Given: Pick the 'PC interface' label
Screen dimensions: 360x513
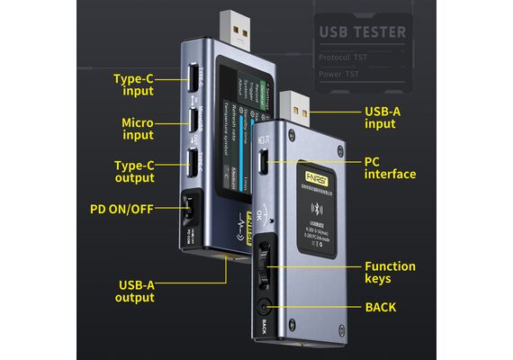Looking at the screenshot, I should [390, 167].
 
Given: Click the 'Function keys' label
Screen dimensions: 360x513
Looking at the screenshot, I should [390, 273].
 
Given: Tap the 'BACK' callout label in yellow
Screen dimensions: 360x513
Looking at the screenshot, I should [380, 308].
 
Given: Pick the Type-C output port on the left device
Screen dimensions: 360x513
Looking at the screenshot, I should [193, 163].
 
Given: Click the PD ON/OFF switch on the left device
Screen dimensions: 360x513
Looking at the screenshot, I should [189, 211].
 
